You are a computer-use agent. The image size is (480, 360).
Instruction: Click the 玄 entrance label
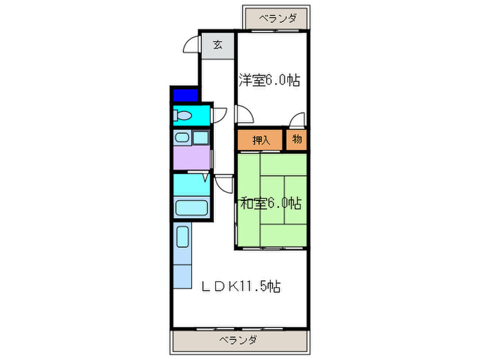217,45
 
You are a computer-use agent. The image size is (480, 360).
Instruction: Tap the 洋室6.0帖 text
269,80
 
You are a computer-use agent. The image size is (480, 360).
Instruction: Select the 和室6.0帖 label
270,203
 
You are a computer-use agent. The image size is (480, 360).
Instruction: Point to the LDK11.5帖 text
241,285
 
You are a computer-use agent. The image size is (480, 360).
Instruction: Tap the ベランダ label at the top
278,19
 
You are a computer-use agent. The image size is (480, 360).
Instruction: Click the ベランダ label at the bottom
238,340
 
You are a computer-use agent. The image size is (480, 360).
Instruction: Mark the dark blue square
184,95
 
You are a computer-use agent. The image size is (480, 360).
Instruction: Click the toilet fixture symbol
182,116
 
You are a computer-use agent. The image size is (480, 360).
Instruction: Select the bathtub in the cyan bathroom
191,208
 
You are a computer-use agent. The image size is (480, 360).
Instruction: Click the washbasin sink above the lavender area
182,138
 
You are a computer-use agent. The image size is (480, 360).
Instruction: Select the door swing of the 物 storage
296,121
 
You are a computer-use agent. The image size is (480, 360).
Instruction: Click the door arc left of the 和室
225,183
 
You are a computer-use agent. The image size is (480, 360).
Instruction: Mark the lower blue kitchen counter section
182,274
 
